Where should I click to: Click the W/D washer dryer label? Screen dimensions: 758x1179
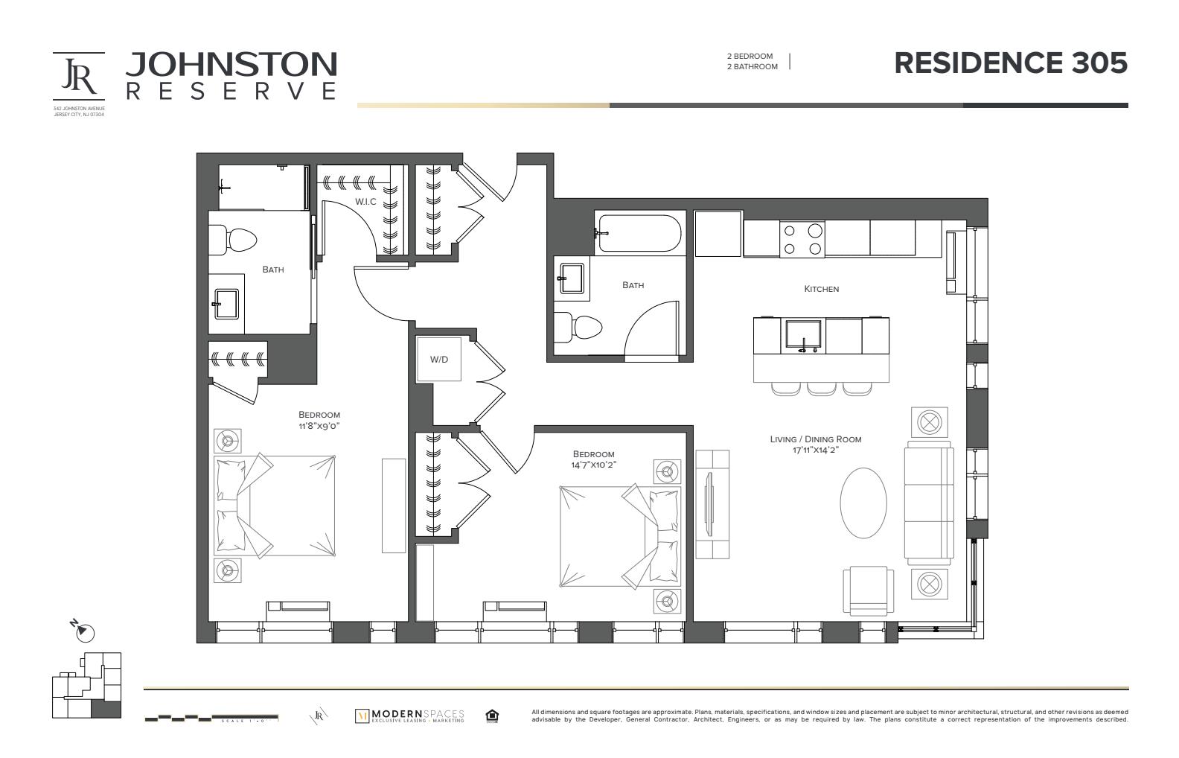[x=439, y=360]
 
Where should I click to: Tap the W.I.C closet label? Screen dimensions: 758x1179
[x=365, y=202]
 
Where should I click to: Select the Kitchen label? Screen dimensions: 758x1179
[x=821, y=289]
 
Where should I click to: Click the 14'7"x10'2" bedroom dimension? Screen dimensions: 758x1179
[x=593, y=465]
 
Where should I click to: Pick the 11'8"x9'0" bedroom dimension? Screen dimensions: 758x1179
[x=319, y=426]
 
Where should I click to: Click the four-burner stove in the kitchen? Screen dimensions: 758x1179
[x=802, y=239]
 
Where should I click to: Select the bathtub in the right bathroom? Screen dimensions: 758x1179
[x=638, y=232]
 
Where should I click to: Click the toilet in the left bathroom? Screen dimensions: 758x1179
[x=232, y=239]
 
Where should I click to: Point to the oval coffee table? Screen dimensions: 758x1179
[x=863, y=503]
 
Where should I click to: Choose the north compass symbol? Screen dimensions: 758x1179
[x=85, y=631]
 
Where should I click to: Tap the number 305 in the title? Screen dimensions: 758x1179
[x=1099, y=63]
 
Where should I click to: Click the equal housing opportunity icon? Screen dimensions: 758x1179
[x=491, y=716]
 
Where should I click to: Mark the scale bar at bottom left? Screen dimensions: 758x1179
[x=211, y=719]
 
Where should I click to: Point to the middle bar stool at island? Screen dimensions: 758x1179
[x=822, y=388]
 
